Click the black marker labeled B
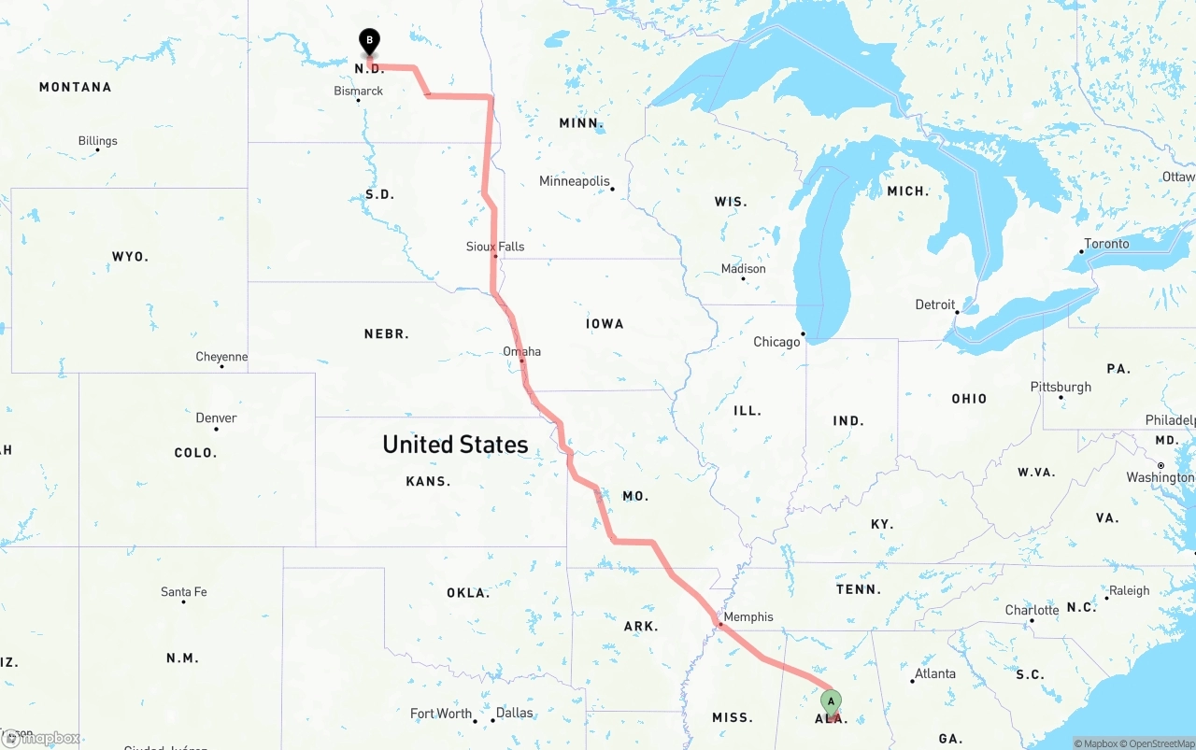click(369, 41)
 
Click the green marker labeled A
click(831, 701)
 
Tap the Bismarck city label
click(359, 91)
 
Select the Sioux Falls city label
click(495, 247)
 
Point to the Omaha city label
click(521, 351)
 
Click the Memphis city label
click(748, 616)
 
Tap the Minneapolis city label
click(574, 181)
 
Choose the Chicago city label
click(776, 342)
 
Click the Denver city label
click(216, 417)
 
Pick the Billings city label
click(98, 141)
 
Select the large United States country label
click(455, 445)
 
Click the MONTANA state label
click(75, 87)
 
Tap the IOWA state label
click(605, 324)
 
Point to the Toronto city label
click(1106, 244)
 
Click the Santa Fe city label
click(184, 592)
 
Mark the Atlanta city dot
click(913, 681)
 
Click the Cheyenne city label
click(221, 357)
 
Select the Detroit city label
click(935, 304)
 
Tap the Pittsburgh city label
click(1061, 387)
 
